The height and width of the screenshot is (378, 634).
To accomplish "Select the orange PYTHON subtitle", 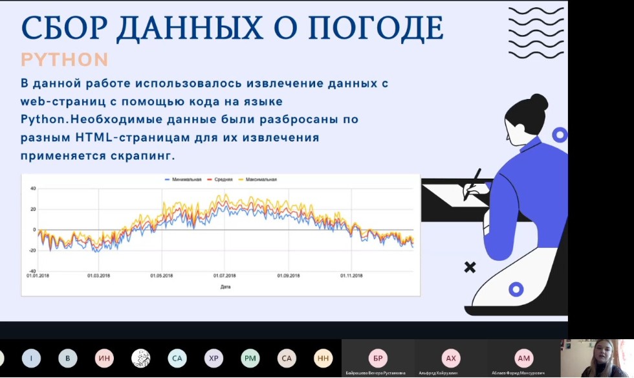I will coord(64,60).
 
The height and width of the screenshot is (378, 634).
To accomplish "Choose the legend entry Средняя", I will coord(220,179).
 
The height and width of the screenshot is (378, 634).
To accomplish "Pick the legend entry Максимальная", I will coord(258,179).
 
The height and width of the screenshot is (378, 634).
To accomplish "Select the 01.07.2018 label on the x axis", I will coord(224,276).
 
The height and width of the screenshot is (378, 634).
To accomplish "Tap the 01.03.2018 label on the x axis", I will coord(98,276).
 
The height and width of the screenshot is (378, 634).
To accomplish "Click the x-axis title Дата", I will coord(224,287).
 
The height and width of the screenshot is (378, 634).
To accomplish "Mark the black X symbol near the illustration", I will coord(470,267).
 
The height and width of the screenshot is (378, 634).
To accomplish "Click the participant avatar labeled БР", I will coord(378,358).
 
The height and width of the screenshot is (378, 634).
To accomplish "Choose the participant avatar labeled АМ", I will coord(523,358).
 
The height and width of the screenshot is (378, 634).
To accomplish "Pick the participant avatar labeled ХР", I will coord(213,358).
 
